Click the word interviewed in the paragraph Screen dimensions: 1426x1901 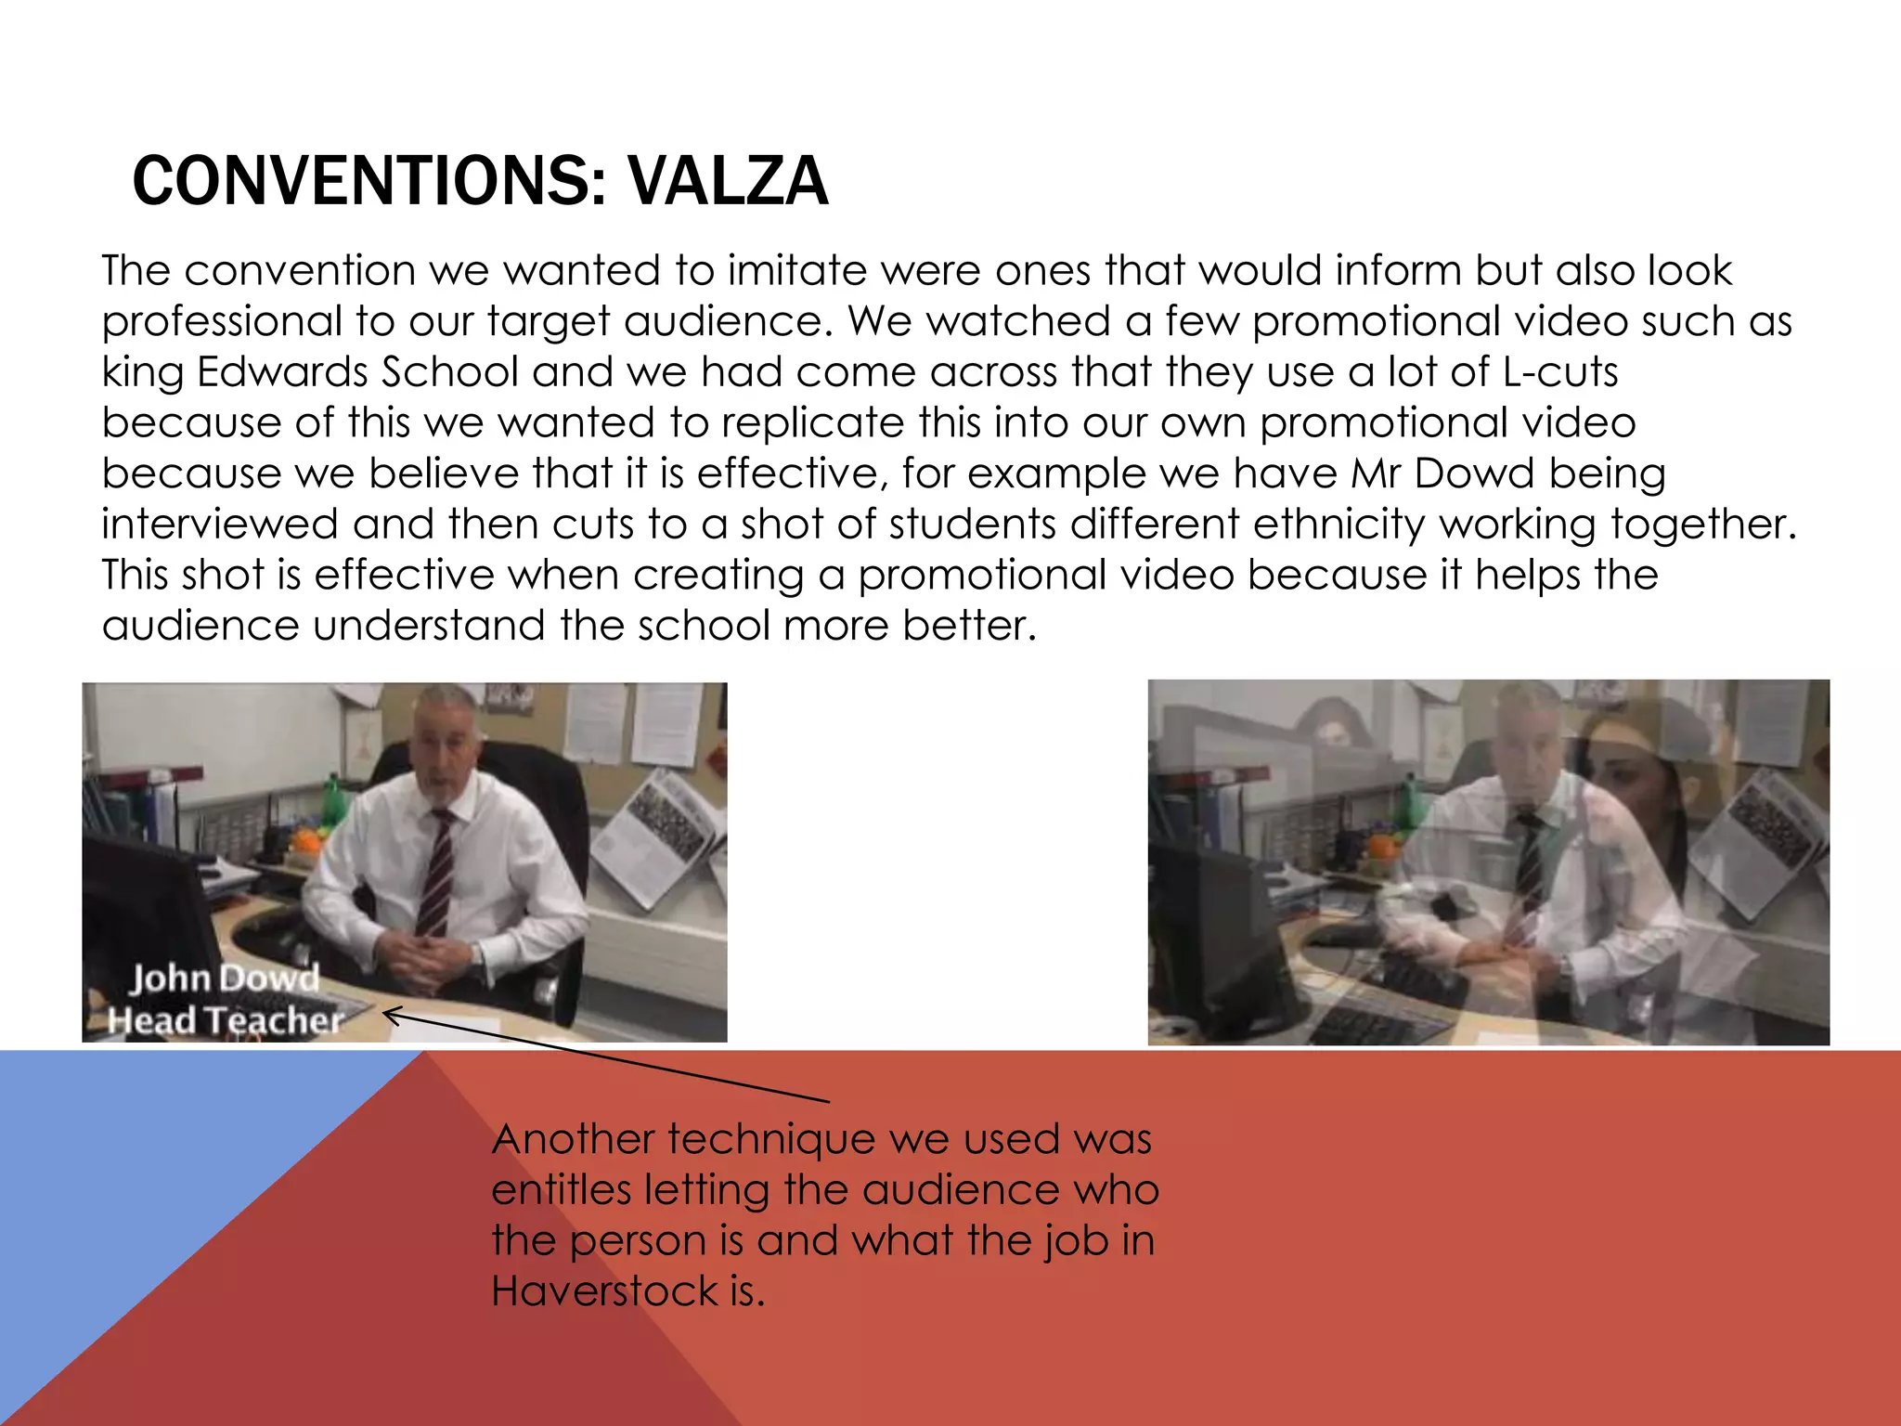220,525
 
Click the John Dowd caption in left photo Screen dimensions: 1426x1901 224,979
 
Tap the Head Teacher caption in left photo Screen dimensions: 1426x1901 226,1020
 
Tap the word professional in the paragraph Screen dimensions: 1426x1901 222,322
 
